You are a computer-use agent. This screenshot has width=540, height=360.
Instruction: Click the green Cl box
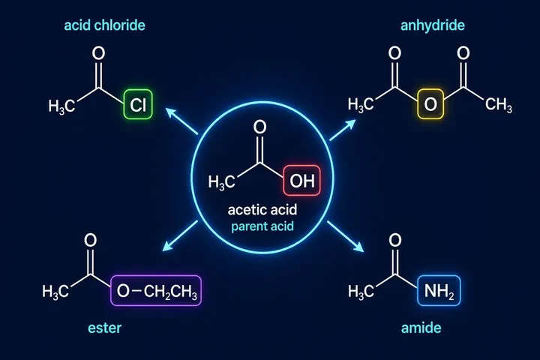tap(138, 104)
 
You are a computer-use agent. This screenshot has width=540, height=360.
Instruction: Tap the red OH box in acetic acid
tap(301, 181)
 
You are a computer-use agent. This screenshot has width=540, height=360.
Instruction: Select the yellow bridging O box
tap(430, 104)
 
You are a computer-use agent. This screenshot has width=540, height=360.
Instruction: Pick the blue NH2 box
tap(439, 291)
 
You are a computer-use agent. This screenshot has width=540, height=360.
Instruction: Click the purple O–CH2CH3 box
tap(156, 291)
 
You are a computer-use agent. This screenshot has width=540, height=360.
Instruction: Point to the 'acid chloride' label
tap(105, 25)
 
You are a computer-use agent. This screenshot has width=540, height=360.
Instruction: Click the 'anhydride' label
tap(433, 25)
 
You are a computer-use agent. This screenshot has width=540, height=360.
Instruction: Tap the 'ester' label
tap(105, 328)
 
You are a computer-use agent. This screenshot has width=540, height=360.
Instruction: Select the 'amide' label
tap(421, 328)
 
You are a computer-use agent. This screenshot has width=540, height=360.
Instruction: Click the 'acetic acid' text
tap(262, 210)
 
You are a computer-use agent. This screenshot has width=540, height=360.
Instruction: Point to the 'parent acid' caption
tap(262, 226)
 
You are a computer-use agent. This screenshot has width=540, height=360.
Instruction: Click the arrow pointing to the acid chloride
tap(181, 121)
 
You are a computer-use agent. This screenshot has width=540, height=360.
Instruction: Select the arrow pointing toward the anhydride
tap(343, 130)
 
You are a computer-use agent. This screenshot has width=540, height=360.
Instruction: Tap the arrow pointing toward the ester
tap(180, 235)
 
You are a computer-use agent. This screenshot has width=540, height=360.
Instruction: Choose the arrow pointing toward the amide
tap(346, 237)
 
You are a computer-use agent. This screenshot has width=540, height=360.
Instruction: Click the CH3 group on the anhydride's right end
tap(498, 105)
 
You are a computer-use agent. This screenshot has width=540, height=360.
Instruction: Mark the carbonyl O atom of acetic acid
tap(260, 127)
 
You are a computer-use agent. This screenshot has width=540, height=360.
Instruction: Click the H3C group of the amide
tap(361, 292)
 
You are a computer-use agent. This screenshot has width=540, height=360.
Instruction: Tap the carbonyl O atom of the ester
tap(90, 240)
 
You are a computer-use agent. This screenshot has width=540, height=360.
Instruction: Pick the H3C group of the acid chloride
tap(61, 106)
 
